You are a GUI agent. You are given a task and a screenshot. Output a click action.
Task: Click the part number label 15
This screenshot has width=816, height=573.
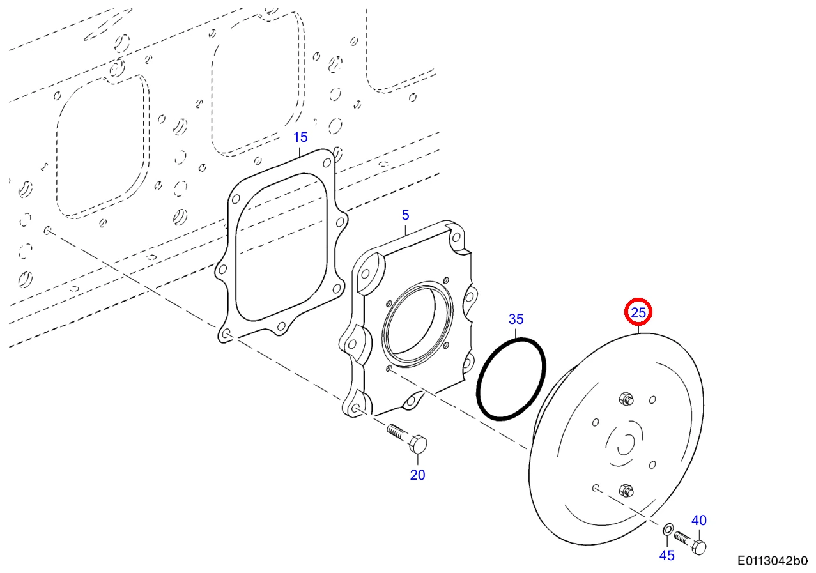click(x=300, y=137)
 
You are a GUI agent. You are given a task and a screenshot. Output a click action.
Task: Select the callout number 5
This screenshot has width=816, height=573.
click(x=406, y=215)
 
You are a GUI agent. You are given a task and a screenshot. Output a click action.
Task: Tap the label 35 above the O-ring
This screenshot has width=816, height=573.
click(x=516, y=319)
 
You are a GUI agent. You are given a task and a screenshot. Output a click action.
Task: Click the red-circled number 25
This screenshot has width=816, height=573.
click(x=638, y=312)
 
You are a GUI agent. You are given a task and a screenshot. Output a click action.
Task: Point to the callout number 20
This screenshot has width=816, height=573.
click(x=417, y=475)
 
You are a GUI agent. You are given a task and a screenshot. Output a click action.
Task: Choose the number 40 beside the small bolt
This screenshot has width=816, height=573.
click(x=698, y=520)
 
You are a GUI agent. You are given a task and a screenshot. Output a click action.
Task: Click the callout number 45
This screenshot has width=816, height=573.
click(x=666, y=556)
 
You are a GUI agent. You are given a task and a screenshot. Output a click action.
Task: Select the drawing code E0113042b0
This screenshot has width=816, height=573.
click(x=773, y=561)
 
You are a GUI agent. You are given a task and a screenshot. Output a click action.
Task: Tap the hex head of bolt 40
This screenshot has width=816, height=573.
click(x=698, y=547)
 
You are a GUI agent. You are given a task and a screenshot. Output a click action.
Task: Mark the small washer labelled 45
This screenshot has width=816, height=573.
click(x=668, y=530)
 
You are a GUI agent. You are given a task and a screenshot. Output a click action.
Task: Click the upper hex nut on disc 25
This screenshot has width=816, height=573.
click(x=626, y=399)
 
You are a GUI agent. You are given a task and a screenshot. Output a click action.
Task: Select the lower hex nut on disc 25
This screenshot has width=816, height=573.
click(x=626, y=491)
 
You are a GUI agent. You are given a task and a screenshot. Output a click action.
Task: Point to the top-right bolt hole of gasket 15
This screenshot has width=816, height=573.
click(x=327, y=163)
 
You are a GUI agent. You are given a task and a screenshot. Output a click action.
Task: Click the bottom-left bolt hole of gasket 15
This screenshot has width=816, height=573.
click(x=226, y=333)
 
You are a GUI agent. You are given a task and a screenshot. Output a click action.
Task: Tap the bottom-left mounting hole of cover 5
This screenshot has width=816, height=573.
click(x=355, y=409)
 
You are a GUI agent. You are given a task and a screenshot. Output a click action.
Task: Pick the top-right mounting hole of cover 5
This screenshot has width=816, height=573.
click(x=456, y=238)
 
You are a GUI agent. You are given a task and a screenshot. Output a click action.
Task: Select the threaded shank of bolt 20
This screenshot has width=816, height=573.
click(x=398, y=432)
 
